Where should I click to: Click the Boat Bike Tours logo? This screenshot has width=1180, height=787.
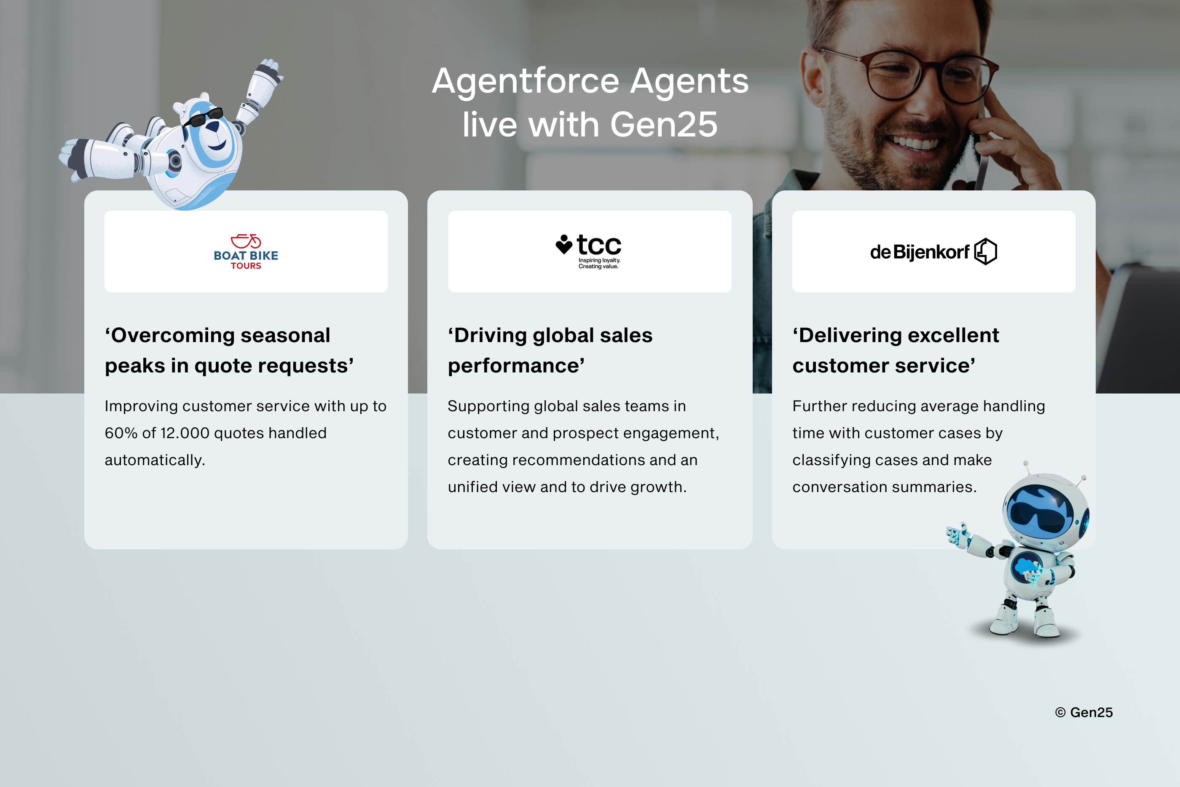click(246, 252)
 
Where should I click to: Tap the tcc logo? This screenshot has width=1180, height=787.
click(588, 252)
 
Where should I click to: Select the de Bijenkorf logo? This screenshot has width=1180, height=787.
click(933, 252)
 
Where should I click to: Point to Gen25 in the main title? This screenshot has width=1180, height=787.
click(664, 124)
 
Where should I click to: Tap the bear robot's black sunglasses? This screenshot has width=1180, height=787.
click(203, 118)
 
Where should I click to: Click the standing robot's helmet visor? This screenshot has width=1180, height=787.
click(1040, 512)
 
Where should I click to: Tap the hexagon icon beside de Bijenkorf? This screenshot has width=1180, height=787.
click(986, 252)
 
